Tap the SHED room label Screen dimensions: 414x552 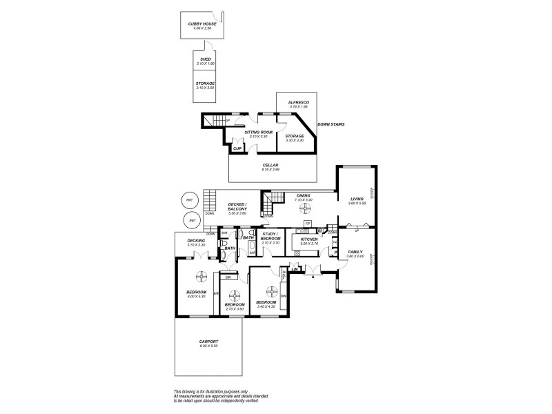205,60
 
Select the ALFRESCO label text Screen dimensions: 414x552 299,102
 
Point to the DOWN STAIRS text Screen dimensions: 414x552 331,125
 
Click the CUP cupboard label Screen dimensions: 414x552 237,148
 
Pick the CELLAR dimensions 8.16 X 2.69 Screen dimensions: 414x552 270,170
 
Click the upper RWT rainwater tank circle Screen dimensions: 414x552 190,201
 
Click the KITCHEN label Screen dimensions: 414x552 308,239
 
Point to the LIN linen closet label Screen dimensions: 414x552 295,270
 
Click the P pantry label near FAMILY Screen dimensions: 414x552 335,253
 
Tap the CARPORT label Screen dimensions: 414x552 208,342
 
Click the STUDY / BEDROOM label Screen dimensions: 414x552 270,237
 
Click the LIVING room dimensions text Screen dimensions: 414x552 356,204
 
